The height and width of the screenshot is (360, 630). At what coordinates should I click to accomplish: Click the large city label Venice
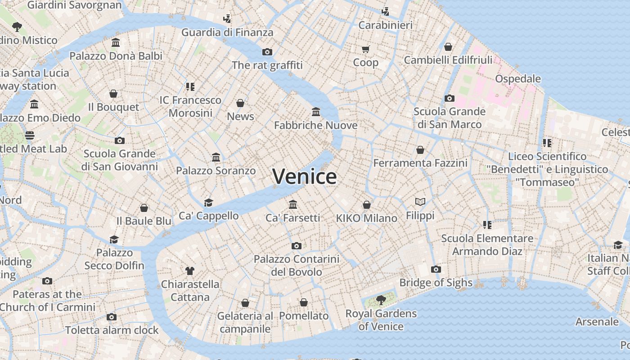click(305, 176)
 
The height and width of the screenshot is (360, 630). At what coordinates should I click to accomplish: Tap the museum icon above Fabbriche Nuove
click(316, 112)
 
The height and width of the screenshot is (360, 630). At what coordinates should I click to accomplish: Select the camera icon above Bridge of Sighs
click(436, 270)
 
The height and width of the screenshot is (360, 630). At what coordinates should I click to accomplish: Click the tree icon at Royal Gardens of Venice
click(381, 300)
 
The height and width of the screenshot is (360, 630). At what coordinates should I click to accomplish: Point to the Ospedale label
click(518, 79)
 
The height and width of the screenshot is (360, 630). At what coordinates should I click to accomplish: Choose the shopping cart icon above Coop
click(365, 49)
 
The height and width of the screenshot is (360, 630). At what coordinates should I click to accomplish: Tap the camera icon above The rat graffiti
click(267, 52)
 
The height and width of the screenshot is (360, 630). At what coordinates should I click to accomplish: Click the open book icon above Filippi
click(420, 202)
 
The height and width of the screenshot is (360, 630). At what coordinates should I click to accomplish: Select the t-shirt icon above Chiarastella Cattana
click(190, 271)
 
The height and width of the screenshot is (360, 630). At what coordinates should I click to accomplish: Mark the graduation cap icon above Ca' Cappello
click(208, 202)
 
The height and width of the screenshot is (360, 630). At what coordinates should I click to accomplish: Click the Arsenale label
click(597, 322)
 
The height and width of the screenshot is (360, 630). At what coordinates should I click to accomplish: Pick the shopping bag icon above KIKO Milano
click(367, 205)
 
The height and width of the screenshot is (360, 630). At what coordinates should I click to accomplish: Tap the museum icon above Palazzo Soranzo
click(216, 157)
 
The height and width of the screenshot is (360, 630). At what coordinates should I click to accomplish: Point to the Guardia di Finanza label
click(227, 32)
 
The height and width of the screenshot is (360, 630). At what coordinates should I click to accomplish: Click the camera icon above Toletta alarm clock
click(112, 317)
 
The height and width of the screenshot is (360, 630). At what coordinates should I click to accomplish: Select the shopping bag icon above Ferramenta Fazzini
click(420, 150)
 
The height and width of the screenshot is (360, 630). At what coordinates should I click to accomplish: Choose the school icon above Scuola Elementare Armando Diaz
click(487, 225)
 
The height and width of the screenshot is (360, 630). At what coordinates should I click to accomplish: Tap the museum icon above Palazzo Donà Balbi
click(116, 43)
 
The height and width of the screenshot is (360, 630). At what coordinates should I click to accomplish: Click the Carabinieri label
click(385, 25)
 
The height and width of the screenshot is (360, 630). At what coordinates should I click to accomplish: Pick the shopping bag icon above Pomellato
click(304, 302)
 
